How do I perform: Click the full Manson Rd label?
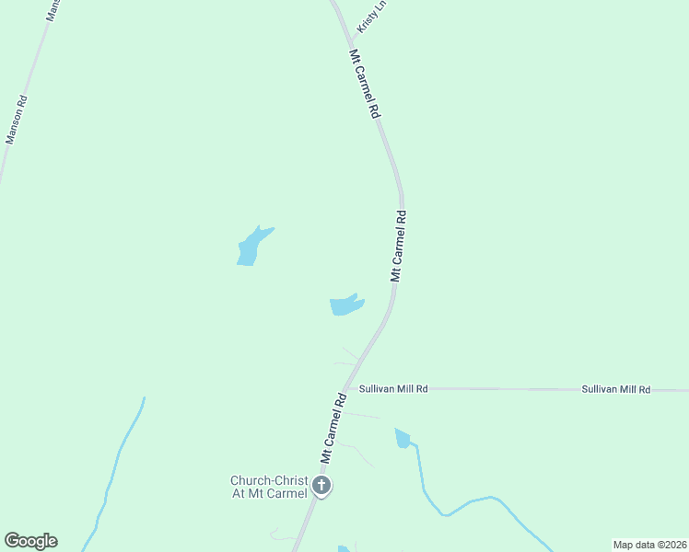pyautogui.click(x=18, y=121)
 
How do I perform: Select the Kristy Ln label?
pyautogui.click(x=367, y=17)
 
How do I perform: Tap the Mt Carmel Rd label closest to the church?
pyautogui.click(x=333, y=428)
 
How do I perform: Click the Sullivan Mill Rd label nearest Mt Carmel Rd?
pyautogui.click(x=393, y=389)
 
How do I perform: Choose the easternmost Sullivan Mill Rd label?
pyautogui.click(x=616, y=390)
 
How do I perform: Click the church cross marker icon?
pyautogui.click(x=321, y=486)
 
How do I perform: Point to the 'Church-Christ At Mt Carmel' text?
pyautogui.click(x=269, y=486)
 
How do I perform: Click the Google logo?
pyautogui.click(x=30, y=541)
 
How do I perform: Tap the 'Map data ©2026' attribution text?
pyautogui.click(x=648, y=544)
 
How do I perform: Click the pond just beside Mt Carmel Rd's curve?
pyautogui.click(x=345, y=305)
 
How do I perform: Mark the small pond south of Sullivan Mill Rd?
pyautogui.click(x=403, y=439)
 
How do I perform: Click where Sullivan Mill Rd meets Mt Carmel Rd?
pyautogui.click(x=349, y=388)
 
